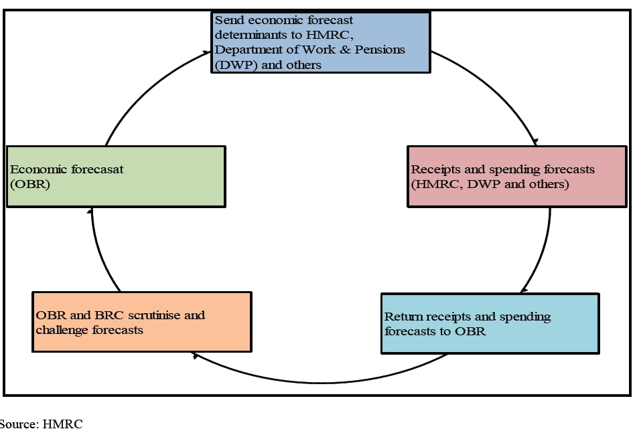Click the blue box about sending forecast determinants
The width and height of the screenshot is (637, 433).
click(x=320, y=42)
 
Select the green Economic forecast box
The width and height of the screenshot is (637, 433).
click(x=115, y=177)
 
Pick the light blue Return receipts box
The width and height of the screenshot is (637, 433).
click(x=490, y=323)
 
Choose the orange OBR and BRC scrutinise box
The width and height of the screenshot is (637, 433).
click(x=141, y=322)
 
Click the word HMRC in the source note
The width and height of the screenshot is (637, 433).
click(x=63, y=424)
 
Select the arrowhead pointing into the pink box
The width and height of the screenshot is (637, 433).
click(x=535, y=142)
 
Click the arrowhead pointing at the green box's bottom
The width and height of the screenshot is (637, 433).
click(x=91, y=211)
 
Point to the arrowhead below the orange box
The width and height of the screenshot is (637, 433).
click(x=194, y=355)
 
